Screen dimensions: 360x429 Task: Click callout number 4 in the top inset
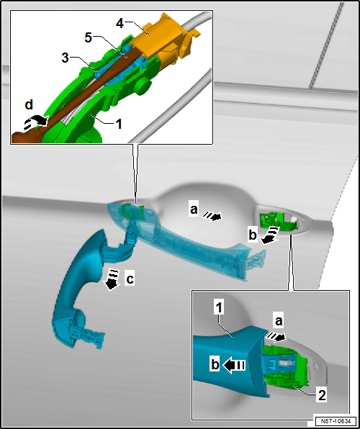point(120,23)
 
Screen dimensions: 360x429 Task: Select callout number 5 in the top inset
point(88,37)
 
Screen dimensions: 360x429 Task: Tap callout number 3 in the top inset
point(65,58)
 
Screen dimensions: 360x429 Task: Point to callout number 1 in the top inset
point(118,125)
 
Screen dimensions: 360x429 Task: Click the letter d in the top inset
point(29,105)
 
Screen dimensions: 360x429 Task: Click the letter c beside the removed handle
point(130,279)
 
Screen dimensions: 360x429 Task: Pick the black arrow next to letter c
point(112,279)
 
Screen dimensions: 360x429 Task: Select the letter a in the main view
point(194,210)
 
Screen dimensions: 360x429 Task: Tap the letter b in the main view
point(252,235)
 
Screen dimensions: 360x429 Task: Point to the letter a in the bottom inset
point(278,322)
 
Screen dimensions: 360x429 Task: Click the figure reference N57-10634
point(336,421)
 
